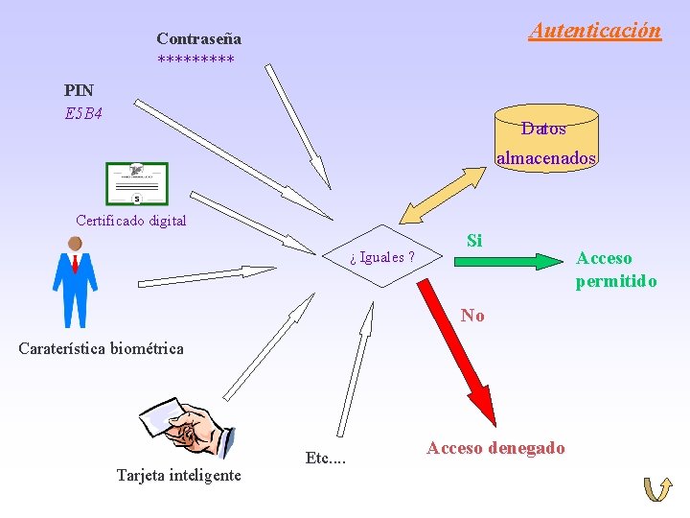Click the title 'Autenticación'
point(594,30)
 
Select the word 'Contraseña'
point(198,39)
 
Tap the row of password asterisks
point(195,60)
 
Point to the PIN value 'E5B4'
point(83,113)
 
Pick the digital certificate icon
point(137,184)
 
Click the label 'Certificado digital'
point(131,221)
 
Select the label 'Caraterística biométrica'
point(101,348)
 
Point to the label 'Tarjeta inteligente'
point(178,475)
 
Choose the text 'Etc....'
point(325,458)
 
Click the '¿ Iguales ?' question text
point(382,257)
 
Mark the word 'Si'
point(474,240)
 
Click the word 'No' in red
point(472,315)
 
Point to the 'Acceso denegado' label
point(495,448)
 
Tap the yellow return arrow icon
point(657,489)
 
